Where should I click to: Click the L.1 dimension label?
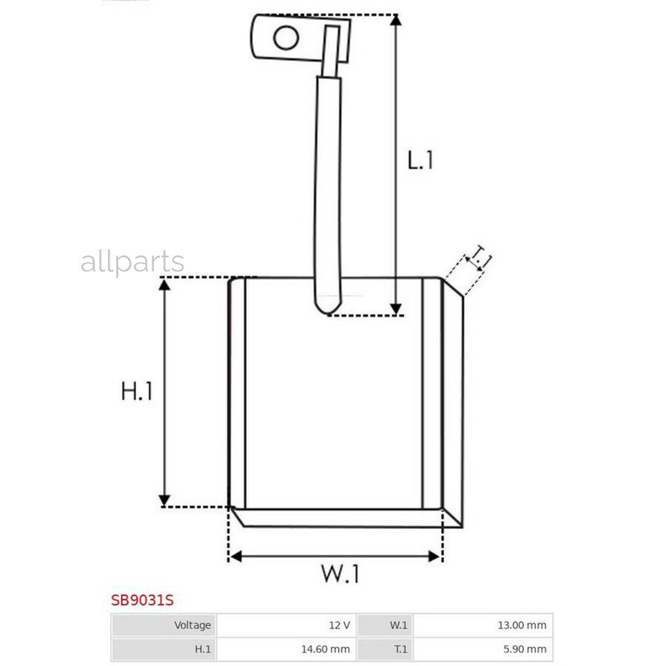pyautogui.click(x=420, y=161)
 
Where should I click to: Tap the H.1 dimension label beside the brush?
pyautogui.click(x=137, y=391)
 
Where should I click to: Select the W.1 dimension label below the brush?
pyautogui.click(x=340, y=573)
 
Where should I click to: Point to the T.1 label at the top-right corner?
pyautogui.click(x=479, y=258)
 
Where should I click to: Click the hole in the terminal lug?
pyautogui.click(x=286, y=38)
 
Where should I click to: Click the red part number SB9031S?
pyautogui.click(x=142, y=600)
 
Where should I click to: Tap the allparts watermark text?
pyautogui.click(x=132, y=262)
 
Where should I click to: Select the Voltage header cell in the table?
pyautogui.click(x=164, y=625)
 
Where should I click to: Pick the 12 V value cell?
pyautogui.click(x=286, y=625)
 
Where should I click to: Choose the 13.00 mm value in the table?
pyautogui.click(x=483, y=625)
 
